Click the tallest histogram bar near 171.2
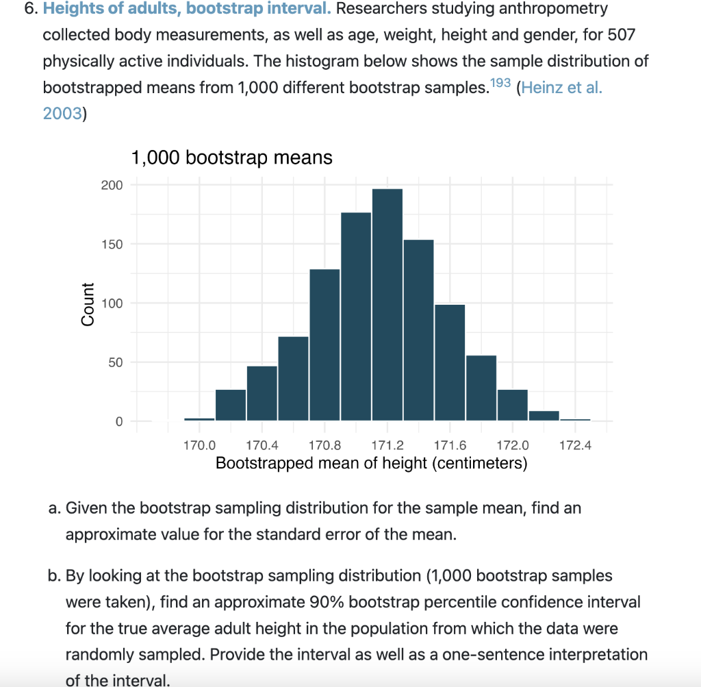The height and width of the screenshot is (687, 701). [387, 304]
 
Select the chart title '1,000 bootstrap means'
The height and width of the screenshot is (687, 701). [231, 158]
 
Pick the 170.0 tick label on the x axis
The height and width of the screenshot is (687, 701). [199, 446]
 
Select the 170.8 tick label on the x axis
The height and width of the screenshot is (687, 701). [324, 446]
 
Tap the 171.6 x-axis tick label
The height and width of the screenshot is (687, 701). [449, 446]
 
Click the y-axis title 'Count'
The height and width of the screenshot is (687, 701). [88, 303]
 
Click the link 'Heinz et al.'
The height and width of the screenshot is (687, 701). [561, 88]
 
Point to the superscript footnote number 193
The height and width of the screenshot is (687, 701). [502, 84]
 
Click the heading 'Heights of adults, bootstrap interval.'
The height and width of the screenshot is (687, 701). [187, 10]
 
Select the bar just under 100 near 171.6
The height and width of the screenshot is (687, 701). [450, 362]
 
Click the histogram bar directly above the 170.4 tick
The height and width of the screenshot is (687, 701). [262, 393]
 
